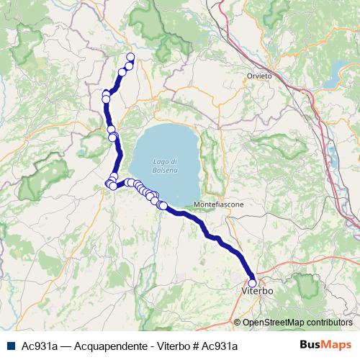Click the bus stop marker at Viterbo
pyautogui.click(x=252, y=283)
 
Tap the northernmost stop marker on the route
pyautogui.click(x=130, y=57)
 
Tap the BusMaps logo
pyautogui.click(x=325, y=344)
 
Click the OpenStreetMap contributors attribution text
pyautogui.click(x=297, y=323)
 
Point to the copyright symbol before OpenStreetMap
pyautogui.click(x=238, y=323)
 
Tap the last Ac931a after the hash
pyautogui.click(x=214, y=345)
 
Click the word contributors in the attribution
pyautogui.click(x=327, y=323)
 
